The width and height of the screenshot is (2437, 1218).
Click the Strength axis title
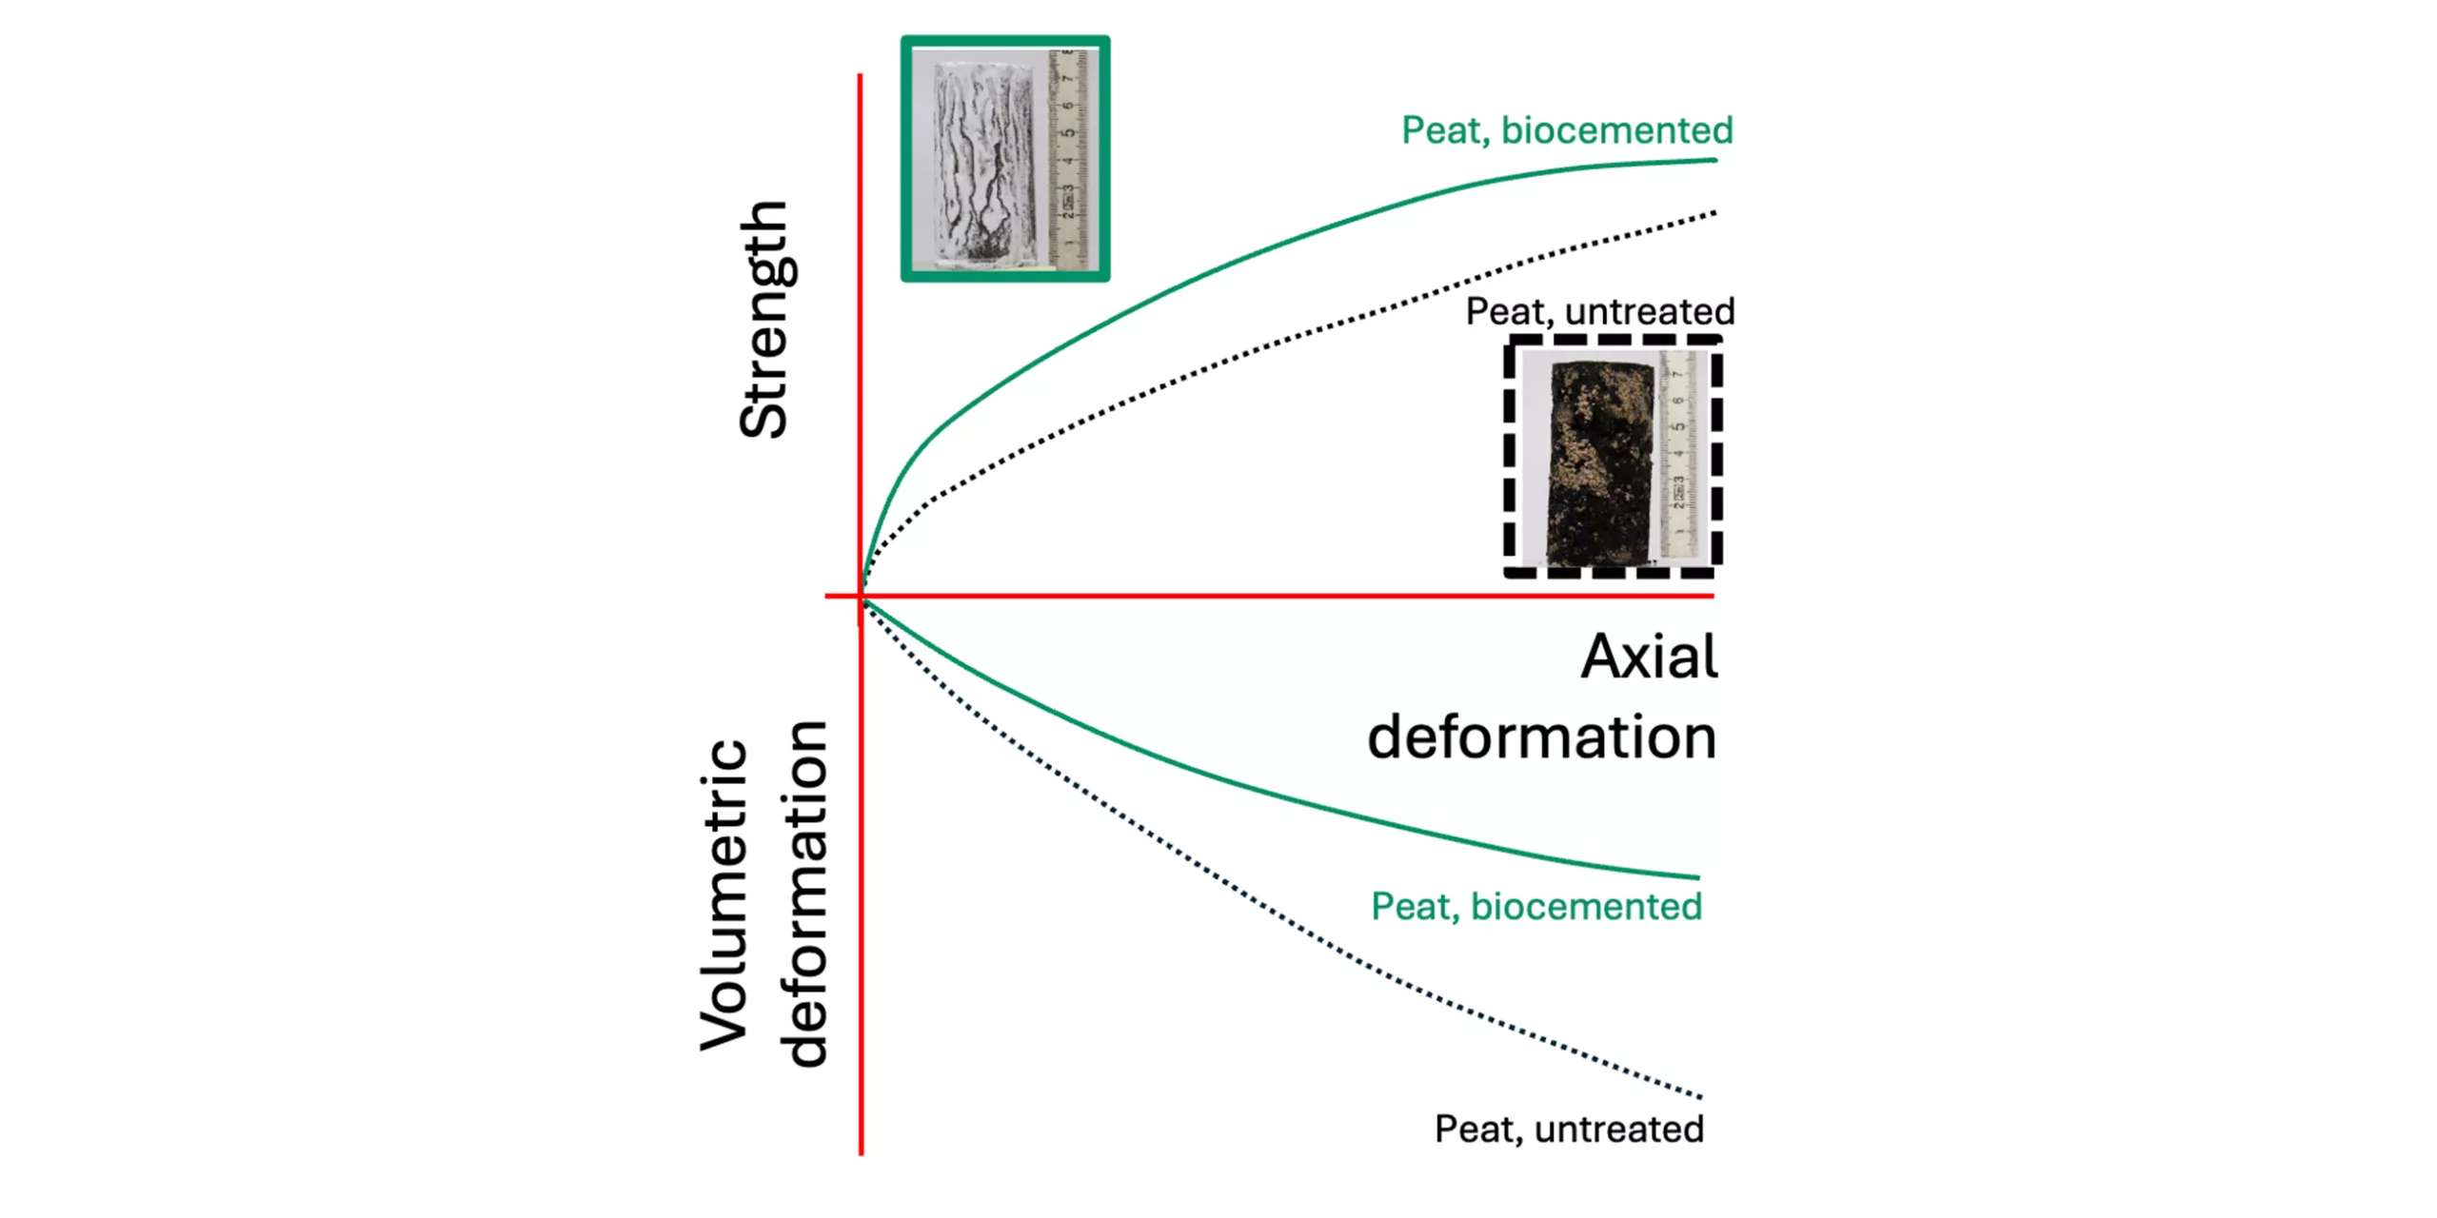763,319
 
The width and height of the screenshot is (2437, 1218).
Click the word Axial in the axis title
1649,657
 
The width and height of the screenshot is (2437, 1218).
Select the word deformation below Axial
1541,737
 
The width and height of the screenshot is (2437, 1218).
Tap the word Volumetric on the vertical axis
723,894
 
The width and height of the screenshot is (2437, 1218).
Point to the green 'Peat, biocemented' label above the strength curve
1566,130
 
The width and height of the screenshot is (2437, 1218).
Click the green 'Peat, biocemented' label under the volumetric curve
1536,906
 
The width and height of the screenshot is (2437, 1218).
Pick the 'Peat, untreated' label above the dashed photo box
1599,311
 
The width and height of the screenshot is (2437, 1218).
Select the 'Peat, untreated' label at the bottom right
1569,1129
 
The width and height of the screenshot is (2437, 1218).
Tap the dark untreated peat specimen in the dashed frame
1603,461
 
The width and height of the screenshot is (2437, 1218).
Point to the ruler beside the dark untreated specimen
1678,455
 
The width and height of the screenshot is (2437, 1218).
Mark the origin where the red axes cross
861,597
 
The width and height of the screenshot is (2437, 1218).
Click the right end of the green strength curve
1714,160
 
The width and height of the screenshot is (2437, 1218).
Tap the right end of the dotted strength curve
1714,213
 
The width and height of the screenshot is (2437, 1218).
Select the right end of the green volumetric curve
1698,876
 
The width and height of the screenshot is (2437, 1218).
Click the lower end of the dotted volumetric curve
1700,1097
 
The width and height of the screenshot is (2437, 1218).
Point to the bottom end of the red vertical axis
861,1153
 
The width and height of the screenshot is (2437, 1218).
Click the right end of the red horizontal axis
1713,597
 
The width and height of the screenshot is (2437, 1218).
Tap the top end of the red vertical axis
861,75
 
